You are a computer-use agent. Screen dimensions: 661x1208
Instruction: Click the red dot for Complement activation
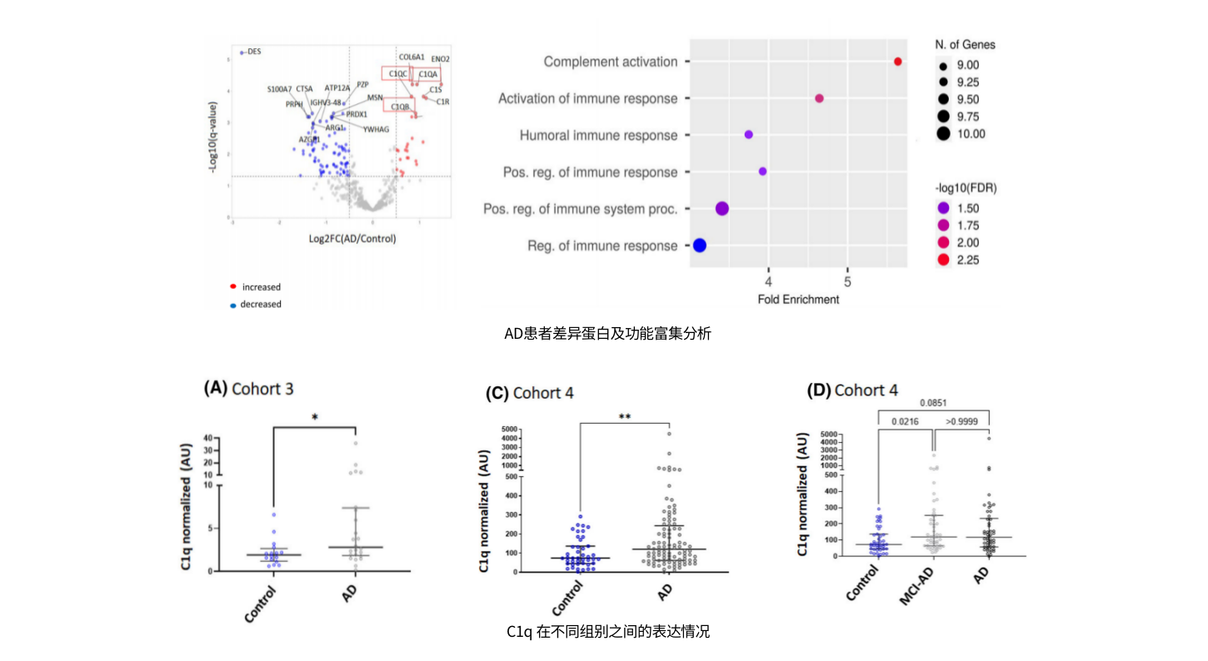[x=897, y=62]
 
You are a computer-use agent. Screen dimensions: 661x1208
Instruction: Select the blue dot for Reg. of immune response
[x=700, y=246]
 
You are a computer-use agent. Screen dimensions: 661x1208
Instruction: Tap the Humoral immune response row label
[x=598, y=135]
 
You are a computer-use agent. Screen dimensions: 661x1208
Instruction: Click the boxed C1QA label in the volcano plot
[x=427, y=74]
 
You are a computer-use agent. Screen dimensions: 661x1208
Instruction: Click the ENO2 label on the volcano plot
[x=441, y=59]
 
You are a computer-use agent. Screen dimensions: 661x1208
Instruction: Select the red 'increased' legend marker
[x=233, y=286]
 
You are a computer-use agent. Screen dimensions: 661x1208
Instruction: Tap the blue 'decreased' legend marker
[x=233, y=305]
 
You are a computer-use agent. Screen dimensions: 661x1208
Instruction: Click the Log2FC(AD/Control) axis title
[x=352, y=239]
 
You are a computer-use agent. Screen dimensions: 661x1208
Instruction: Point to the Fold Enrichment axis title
[x=798, y=299]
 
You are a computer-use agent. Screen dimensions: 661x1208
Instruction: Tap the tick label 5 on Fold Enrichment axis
[x=847, y=273]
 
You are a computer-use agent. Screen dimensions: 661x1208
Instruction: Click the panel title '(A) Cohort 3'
[x=248, y=388]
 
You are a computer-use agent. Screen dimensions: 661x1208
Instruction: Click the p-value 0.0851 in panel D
[x=932, y=403]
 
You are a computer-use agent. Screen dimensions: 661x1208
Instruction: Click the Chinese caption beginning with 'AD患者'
[x=607, y=334]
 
